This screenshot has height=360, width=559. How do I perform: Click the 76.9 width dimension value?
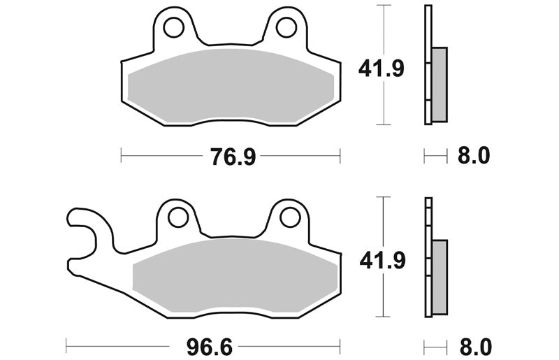(x=233, y=157)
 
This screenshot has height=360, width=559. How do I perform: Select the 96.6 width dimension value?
(x=210, y=347)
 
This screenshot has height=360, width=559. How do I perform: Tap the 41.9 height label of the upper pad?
(x=381, y=69)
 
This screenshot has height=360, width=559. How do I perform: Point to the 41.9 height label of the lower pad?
(x=382, y=261)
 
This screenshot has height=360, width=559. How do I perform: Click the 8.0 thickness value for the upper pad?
(x=474, y=156)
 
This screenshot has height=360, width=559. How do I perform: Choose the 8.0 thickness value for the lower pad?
(x=476, y=347)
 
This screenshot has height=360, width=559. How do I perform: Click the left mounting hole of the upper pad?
(x=174, y=28)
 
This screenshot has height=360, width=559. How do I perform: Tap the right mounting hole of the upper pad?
(x=286, y=28)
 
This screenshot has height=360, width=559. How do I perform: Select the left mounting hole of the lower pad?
(x=178, y=217)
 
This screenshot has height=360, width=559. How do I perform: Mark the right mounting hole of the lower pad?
(x=290, y=217)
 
